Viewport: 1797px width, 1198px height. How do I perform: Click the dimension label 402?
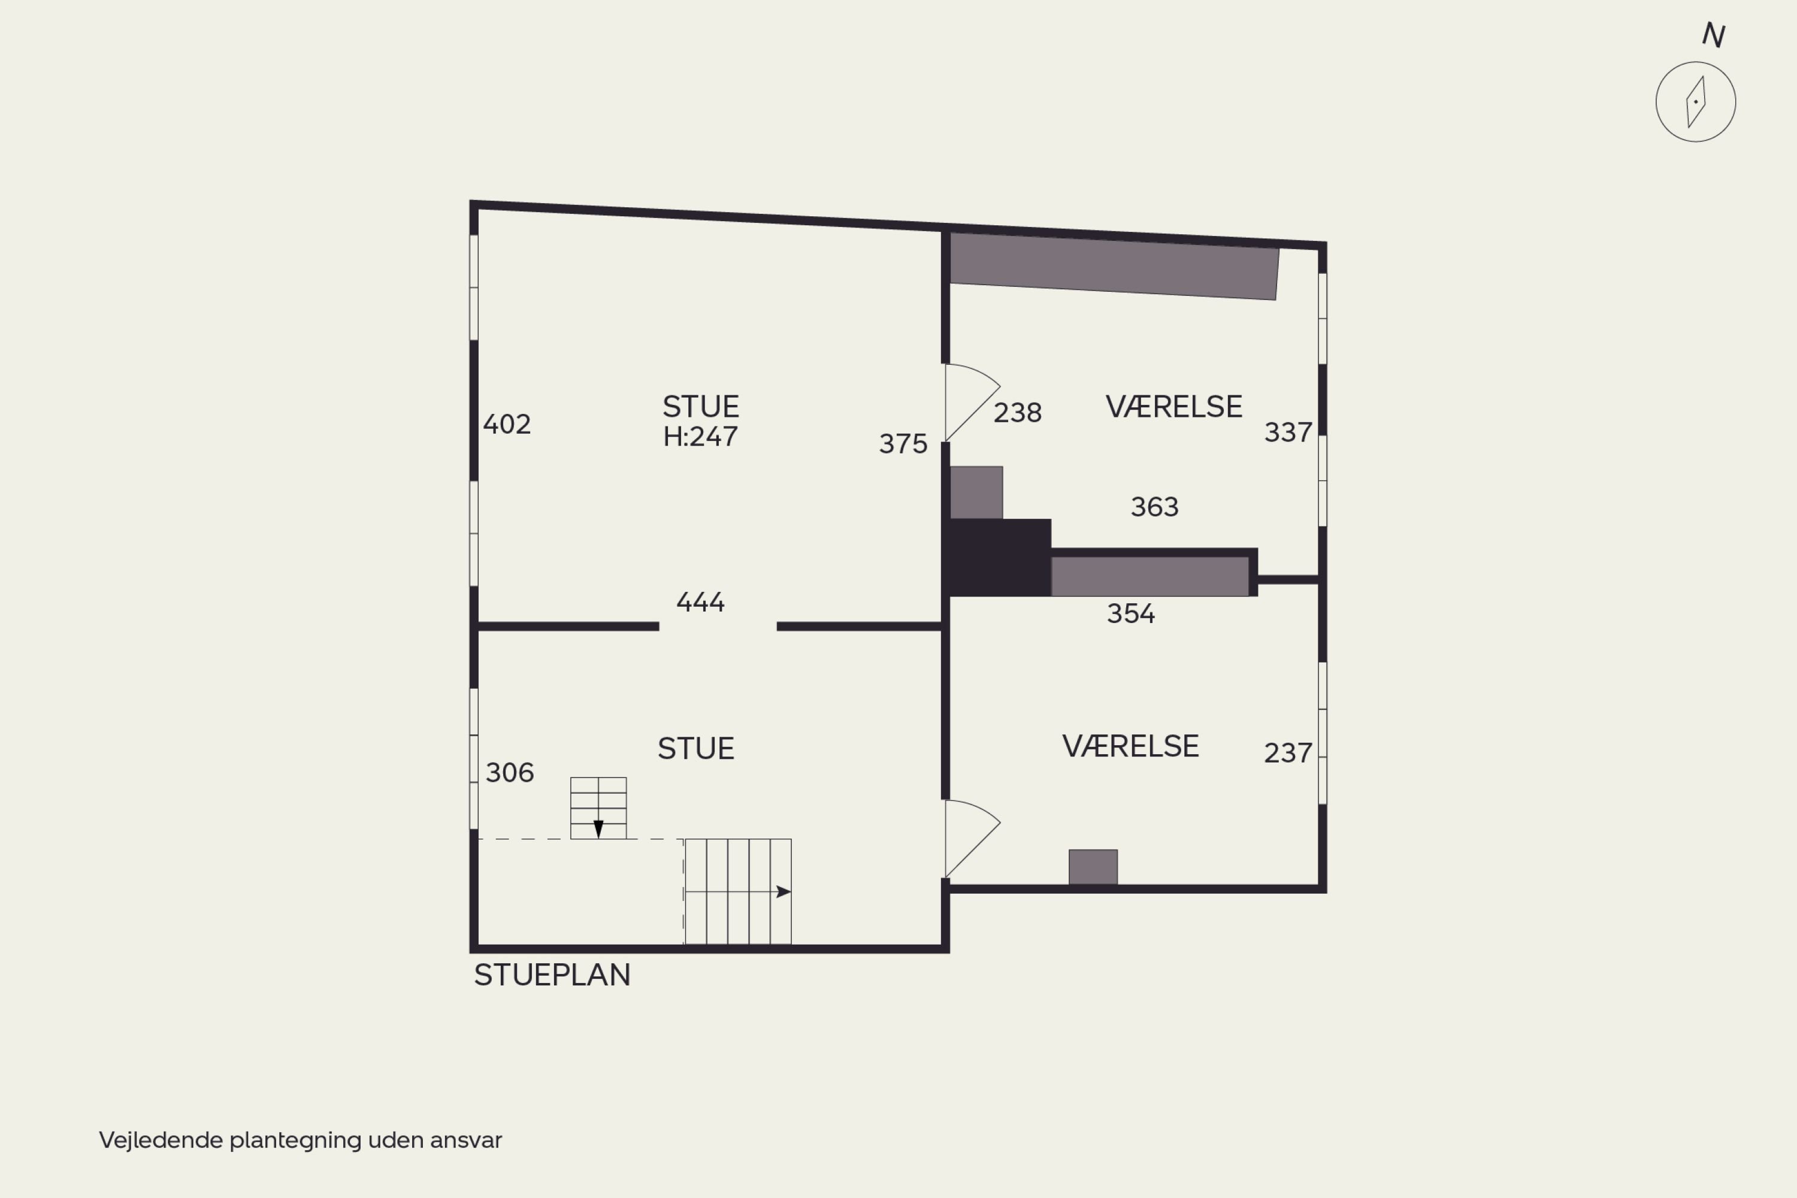click(507, 424)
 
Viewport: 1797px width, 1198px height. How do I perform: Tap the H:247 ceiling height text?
click(701, 436)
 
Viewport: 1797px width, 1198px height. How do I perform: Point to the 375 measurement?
click(903, 444)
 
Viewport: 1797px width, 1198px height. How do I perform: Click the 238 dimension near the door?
click(1018, 413)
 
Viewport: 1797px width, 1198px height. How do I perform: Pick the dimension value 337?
click(1288, 432)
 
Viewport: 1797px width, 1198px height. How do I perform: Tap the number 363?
click(1154, 507)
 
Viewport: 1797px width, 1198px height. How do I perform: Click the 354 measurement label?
click(1131, 613)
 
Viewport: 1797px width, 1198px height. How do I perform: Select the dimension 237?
click(1288, 754)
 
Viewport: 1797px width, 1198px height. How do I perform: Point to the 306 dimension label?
click(510, 773)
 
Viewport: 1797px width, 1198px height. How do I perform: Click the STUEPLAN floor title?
click(552, 975)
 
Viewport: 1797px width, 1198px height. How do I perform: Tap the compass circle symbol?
click(1695, 102)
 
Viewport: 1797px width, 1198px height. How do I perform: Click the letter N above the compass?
click(1713, 35)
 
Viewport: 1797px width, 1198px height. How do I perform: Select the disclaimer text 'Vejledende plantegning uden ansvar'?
click(300, 1140)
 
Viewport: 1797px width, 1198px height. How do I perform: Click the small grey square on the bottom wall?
click(1093, 867)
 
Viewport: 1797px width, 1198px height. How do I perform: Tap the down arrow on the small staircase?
click(598, 829)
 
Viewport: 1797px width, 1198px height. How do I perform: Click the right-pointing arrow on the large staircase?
click(783, 892)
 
